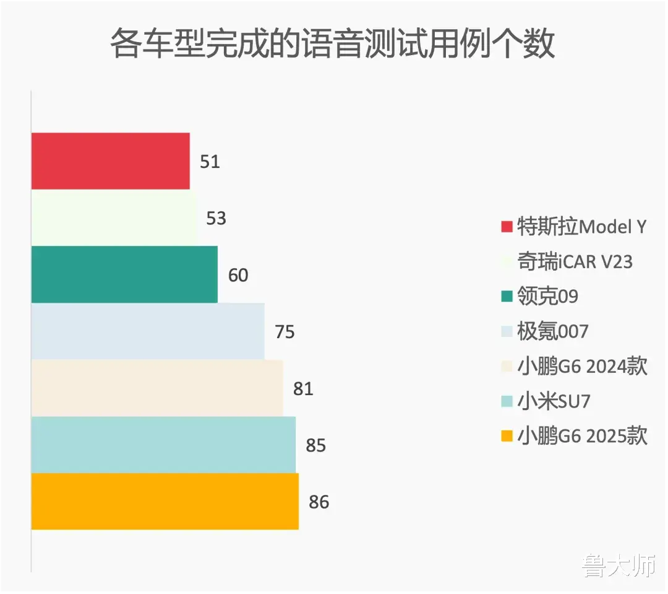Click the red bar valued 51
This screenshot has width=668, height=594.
110,161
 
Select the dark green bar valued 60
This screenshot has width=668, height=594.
124,274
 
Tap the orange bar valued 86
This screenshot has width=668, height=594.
165,502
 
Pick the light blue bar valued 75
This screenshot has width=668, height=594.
148,331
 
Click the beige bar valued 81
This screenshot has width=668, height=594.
157,388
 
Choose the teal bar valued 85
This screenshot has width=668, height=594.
163,445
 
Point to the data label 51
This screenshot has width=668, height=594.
210,162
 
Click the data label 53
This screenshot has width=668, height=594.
216,219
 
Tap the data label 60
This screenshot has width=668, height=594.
238,275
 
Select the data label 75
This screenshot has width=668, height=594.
285,332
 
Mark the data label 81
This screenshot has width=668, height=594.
303,389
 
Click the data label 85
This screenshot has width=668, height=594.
315,446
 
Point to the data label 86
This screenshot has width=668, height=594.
319,502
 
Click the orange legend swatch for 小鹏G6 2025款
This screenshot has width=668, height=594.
507,437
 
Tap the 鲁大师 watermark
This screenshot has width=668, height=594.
618,566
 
